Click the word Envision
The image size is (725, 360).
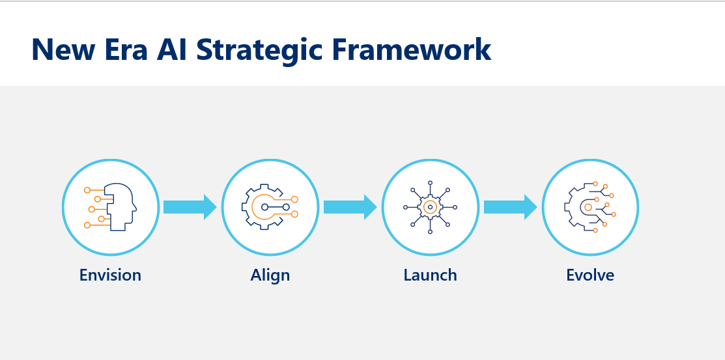[x=110, y=275]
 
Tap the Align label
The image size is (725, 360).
[x=270, y=275]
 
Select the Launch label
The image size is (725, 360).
[x=430, y=275]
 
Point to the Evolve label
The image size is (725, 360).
[x=590, y=275]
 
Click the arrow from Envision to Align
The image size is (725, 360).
[x=190, y=207]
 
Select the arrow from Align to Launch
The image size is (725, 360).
[x=350, y=207]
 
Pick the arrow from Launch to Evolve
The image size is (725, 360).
[x=511, y=207]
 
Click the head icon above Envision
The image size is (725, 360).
[x=111, y=207]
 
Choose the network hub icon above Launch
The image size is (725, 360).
[x=430, y=207]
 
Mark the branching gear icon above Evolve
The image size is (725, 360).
[x=590, y=207]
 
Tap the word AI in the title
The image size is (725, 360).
[x=171, y=49]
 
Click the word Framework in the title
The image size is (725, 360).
[x=411, y=49]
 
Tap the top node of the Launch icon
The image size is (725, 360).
[x=430, y=183]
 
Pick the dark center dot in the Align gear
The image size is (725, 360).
[x=264, y=207]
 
